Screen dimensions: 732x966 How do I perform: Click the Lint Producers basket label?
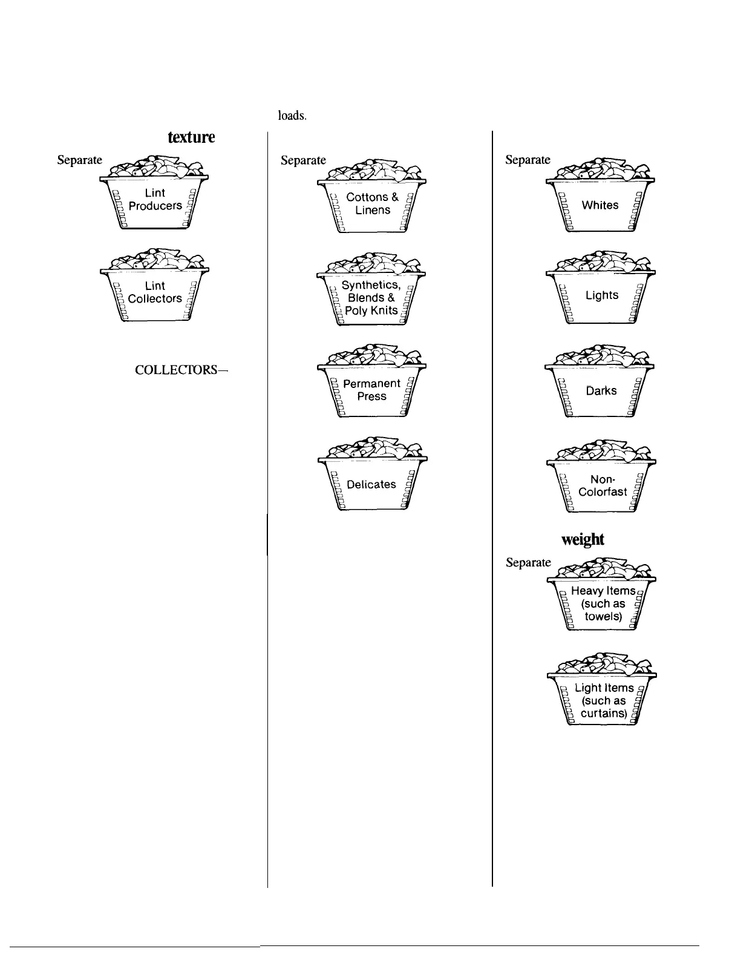click(155, 199)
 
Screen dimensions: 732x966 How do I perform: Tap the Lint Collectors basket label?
click(155, 292)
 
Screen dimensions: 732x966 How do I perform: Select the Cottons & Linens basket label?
click(372, 203)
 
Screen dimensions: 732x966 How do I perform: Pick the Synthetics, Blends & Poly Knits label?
click(371, 298)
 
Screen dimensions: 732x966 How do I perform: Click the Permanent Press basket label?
click(371, 390)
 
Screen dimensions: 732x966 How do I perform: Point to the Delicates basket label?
click(371, 484)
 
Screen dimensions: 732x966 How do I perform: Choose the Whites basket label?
click(600, 205)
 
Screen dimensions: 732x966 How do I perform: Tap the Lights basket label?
click(602, 295)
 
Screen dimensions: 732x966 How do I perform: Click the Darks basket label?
click(601, 390)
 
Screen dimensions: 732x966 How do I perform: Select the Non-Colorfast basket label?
click(603, 485)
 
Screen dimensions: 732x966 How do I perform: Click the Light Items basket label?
click(604, 700)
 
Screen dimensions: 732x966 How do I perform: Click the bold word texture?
click(191, 137)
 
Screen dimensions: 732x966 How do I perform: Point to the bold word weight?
click(583, 539)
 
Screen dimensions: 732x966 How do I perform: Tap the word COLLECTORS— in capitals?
click(181, 369)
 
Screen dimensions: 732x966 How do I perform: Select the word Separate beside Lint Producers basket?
click(80, 160)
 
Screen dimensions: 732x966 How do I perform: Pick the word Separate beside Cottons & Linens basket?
click(303, 160)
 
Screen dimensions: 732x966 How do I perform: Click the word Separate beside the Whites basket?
click(528, 160)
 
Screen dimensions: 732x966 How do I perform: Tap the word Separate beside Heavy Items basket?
click(528, 562)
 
